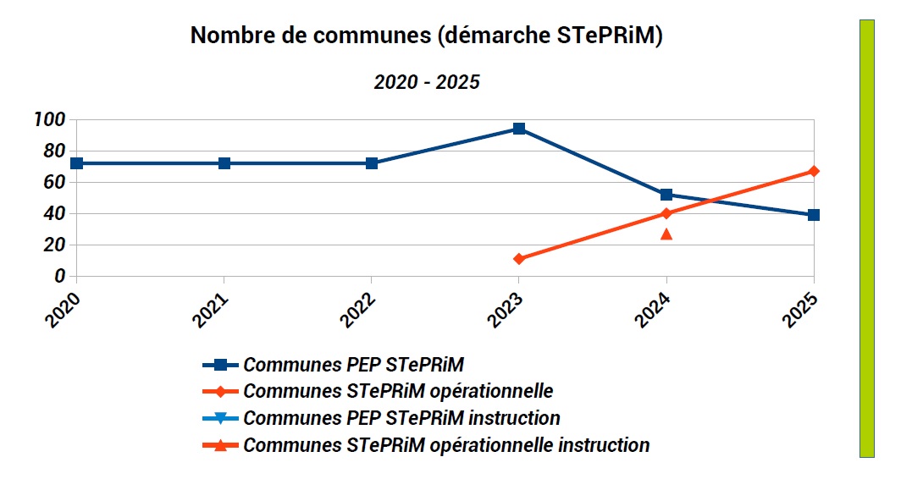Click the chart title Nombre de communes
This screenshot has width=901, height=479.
pos(425,36)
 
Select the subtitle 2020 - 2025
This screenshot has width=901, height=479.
pos(427,82)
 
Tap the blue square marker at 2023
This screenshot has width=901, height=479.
pos(519,129)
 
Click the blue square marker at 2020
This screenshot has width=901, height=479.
pos(77,163)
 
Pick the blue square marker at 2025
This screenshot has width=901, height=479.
pos(814,215)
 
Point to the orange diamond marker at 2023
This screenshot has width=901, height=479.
pos(519,259)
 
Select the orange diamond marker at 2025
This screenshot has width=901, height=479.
pos(814,171)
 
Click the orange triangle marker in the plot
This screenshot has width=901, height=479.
pos(666,234)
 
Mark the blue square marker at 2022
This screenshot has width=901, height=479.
pos(372,163)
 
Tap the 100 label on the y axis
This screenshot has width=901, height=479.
pos(49,119)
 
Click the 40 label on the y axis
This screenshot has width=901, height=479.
pos(54,213)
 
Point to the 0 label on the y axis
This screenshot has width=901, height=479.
pos(59,276)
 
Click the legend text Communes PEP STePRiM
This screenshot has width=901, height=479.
pos(354,365)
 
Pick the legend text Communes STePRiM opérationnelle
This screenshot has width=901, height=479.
pos(398,392)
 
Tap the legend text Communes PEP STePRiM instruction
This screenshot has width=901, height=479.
pos(401,418)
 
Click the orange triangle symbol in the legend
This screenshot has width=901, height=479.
pos(220,445)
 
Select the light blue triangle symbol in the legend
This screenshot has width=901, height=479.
pos(220,418)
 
